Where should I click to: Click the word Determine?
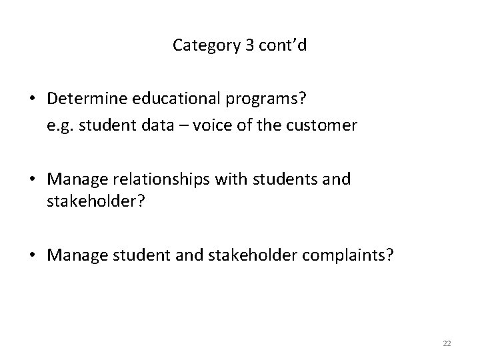83,98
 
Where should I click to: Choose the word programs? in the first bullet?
264,99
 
